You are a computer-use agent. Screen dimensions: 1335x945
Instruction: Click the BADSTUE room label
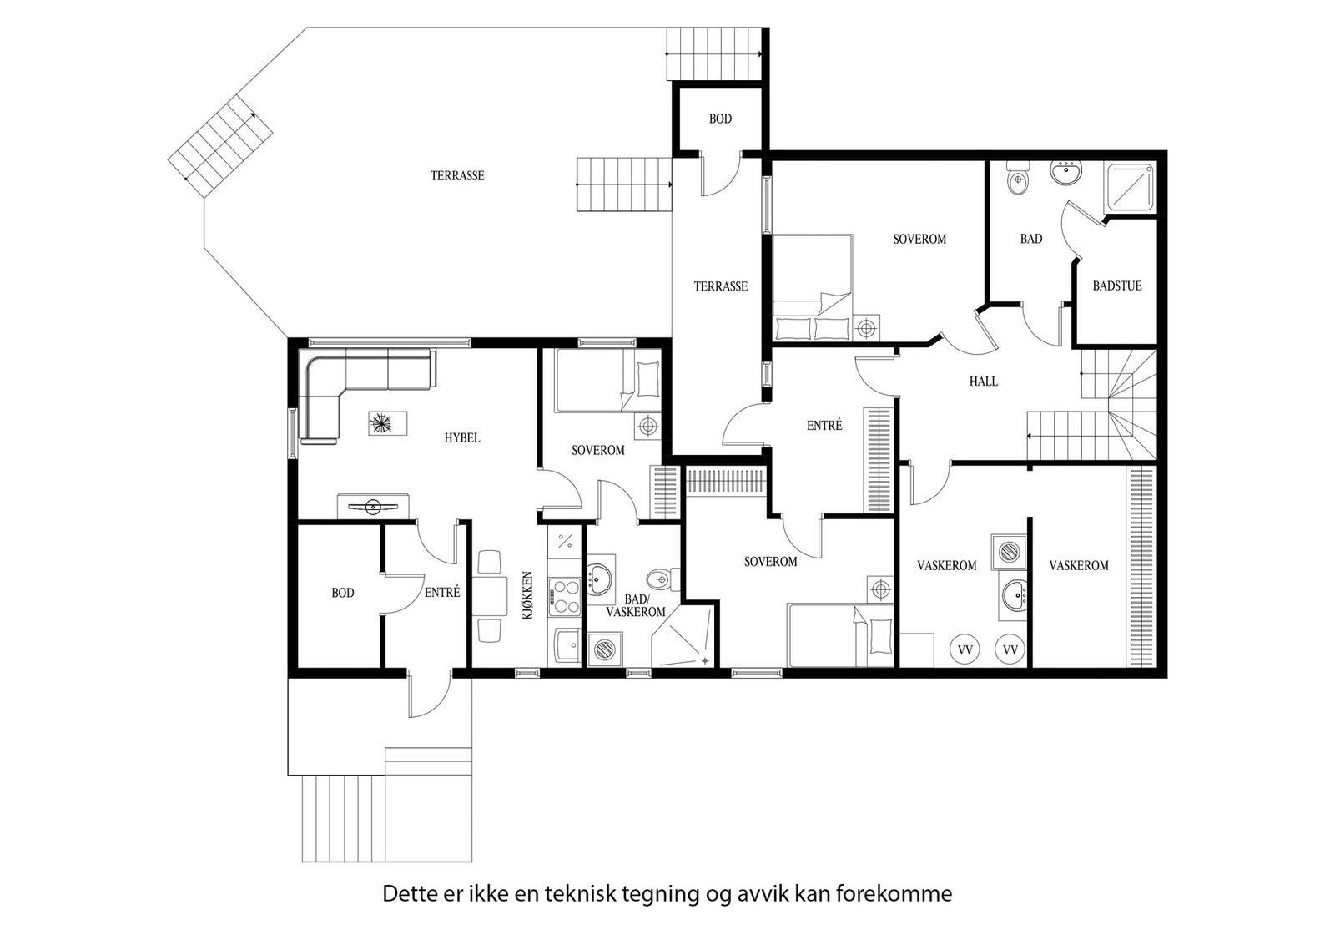[x=1117, y=286]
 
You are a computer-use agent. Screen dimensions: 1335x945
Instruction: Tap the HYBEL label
[x=462, y=437]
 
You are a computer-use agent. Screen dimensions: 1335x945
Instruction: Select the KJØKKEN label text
[x=527, y=595]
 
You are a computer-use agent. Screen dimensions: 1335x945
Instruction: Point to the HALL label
[x=984, y=381]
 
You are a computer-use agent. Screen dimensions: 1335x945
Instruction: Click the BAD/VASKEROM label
[x=635, y=605]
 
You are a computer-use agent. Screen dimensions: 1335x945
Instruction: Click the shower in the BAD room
[x=1129, y=187]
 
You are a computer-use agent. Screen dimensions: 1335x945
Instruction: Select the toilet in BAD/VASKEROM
[x=663, y=579]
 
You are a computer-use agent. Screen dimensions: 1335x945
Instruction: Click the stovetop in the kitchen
[x=564, y=597]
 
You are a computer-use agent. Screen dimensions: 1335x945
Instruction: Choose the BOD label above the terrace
[x=720, y=119]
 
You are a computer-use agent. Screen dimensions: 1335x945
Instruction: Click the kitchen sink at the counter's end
[x=567, y=645]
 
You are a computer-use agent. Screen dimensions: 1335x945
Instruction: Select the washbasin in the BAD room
[x=1067, y=174]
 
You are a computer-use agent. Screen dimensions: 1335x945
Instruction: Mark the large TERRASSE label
[x=457, y=176]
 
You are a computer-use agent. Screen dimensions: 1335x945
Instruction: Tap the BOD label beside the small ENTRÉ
[x=343, y=593]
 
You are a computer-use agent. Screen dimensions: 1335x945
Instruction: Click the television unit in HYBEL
[x=373, y=506]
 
